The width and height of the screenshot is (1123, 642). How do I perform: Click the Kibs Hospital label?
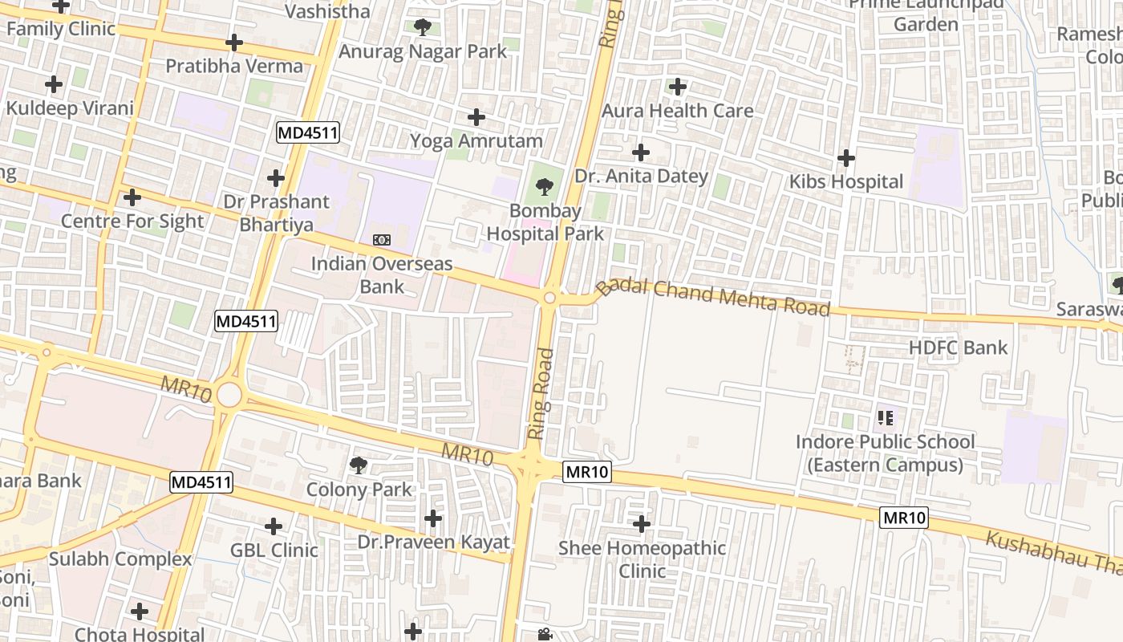(x=846, y=182)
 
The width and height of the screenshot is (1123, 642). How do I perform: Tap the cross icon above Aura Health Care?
(x=678, y=87)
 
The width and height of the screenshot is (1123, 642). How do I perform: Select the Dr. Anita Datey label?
(x=641, y=177)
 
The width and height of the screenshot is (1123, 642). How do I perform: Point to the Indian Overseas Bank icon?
(x=382, y=240)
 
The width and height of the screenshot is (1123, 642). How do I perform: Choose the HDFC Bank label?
(x=958, y=347)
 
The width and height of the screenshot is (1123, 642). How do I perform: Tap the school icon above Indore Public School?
(x=886, y=417)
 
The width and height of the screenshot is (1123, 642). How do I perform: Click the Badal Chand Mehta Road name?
(x=713, y=296)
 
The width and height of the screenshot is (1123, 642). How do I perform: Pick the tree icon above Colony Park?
(x=359, y=465)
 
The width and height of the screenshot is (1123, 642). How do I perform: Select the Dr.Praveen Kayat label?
(x=433, y=542)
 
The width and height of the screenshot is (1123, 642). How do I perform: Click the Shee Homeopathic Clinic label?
(x=642, y=559)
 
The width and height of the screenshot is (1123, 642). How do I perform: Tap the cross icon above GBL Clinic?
(x=274, y=527)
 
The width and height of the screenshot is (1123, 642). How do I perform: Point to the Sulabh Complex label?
(x=120, y=559)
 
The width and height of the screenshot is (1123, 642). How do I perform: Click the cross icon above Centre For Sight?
(x=132, y=197)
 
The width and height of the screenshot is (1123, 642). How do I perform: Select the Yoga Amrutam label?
(x=476, y=141)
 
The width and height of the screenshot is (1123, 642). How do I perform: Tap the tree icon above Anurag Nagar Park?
(x=422, y=28)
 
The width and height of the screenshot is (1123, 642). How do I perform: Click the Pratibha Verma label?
(x=234, y=66)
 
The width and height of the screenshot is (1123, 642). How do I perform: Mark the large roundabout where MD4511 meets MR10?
(x=229, y=395)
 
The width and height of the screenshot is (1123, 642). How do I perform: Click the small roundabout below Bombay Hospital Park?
(x=549, y=299)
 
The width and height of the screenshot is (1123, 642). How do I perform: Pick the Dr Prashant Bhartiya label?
(x=276, y=213)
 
